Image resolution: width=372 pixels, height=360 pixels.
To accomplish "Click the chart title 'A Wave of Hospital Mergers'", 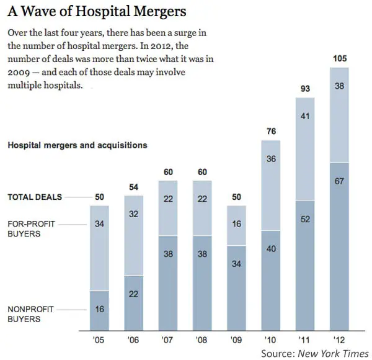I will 97,11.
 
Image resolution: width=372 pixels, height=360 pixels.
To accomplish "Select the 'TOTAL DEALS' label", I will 35,197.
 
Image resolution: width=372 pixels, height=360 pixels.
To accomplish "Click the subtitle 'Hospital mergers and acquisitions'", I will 77,145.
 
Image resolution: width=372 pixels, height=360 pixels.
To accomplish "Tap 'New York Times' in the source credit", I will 334,353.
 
